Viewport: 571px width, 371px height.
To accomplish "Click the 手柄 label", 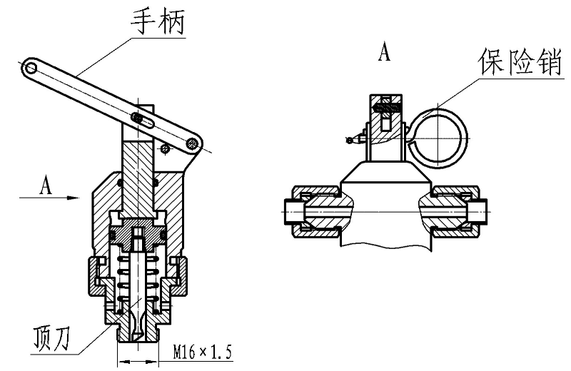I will tap(158, 21).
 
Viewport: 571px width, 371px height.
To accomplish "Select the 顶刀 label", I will tap(51, 337).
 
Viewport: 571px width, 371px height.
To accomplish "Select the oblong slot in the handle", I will tap(141, 118).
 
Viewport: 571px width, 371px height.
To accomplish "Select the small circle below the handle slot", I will tap(165, 148).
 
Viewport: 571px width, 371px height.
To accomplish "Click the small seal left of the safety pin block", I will tap(350, 139).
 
